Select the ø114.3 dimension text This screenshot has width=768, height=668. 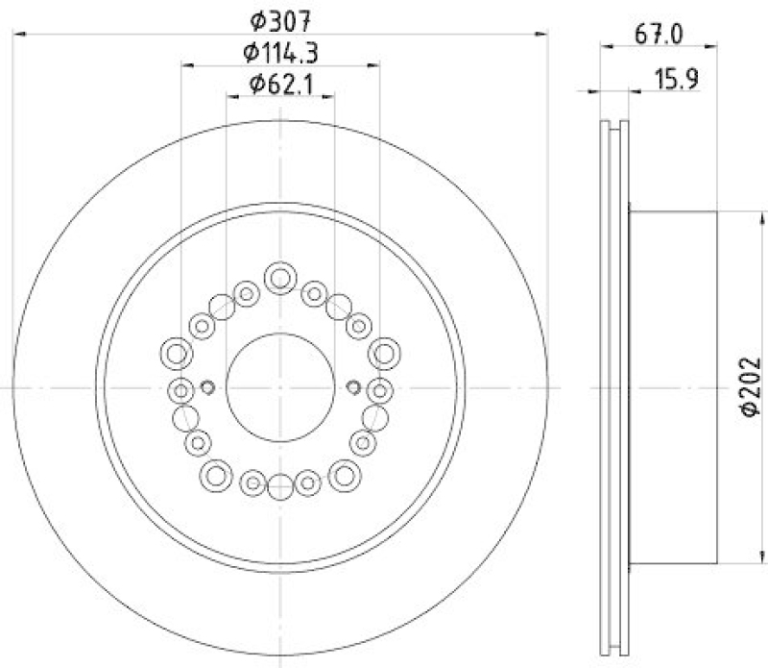(280, 53)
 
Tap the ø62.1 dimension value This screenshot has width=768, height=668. (280, 85)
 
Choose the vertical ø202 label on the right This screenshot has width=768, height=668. (749, 386)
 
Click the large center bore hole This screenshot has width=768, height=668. (280, 386)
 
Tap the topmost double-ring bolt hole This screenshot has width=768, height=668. (280, 279)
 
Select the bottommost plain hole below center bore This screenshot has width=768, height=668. (280, 487)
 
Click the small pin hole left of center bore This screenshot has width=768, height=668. (207, 387)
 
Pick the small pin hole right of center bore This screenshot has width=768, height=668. (352, 387)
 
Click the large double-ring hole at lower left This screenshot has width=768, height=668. (215, 472)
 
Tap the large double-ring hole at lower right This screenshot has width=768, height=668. (345, 472)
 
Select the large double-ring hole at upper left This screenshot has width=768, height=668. (176, 354)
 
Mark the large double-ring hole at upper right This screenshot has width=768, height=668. (385, 354)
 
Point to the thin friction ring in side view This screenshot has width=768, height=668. (613, 386)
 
